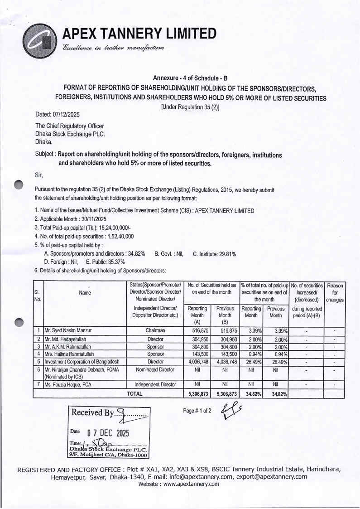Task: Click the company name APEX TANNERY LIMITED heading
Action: pyautogui.click(x=139, y=34)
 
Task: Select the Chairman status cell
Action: pyautogui.click(x=155, y=330)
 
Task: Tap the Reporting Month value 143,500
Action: pyautogui.click(x=197, y=354)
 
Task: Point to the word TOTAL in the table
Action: pyautogui.click(x=134, y=393)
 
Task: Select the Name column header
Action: pyautogui.click(x=85, y=293)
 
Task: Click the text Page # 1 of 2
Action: pyautogui.click(x=197, y=411)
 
